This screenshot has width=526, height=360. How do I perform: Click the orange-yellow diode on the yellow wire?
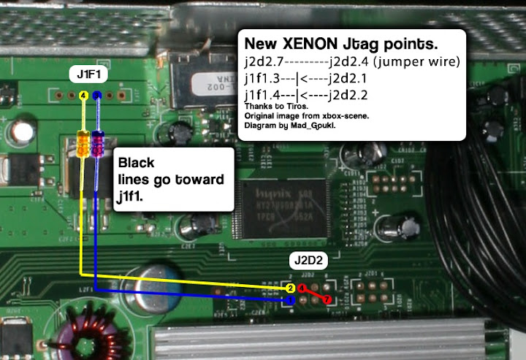pyautogui.click(x=84, y=143)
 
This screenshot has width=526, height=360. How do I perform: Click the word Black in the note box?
pyautogui.click(x=136, y=163)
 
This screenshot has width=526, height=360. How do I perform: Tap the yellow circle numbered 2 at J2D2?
pyautogui.click(x=291, y=289)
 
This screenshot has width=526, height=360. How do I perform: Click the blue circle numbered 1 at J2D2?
pyautogui.click(x=290, y=299)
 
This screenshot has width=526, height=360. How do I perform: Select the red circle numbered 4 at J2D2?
pyautogui.click(x=301, y=289)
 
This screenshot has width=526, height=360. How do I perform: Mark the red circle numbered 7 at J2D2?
pyautogui.click(x=327, y=299)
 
